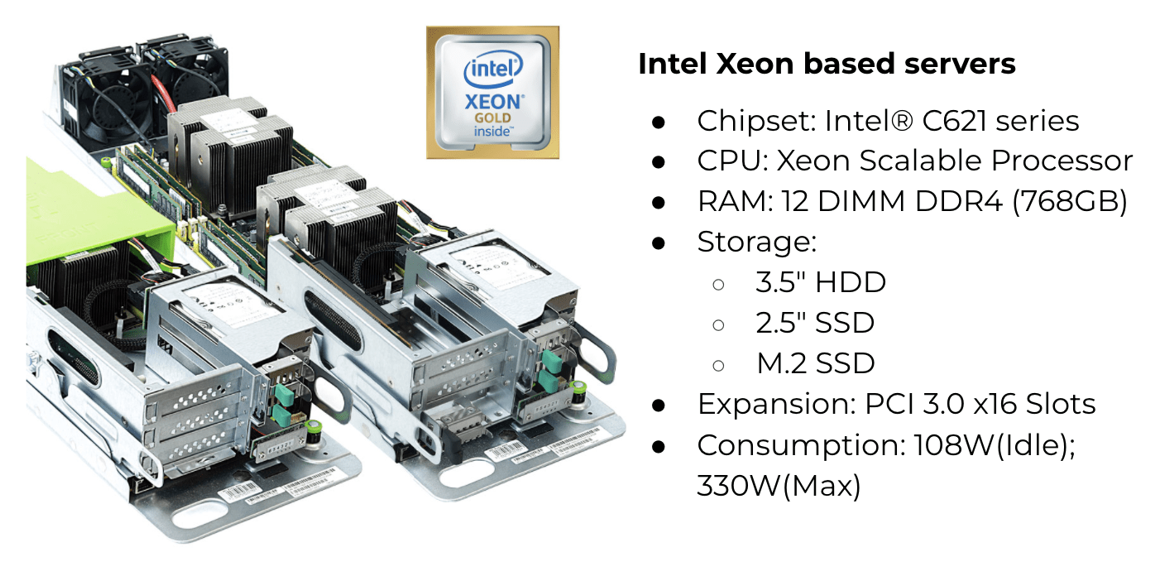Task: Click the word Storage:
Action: coord(756,242)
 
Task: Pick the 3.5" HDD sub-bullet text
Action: coord(820,282)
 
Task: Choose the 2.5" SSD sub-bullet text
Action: coord(814,323)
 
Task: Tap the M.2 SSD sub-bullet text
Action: coord(815,363)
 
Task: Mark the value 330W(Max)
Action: coord(779,486)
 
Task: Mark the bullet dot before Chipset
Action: coord(659,122)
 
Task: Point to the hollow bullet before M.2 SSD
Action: coord(718,364)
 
